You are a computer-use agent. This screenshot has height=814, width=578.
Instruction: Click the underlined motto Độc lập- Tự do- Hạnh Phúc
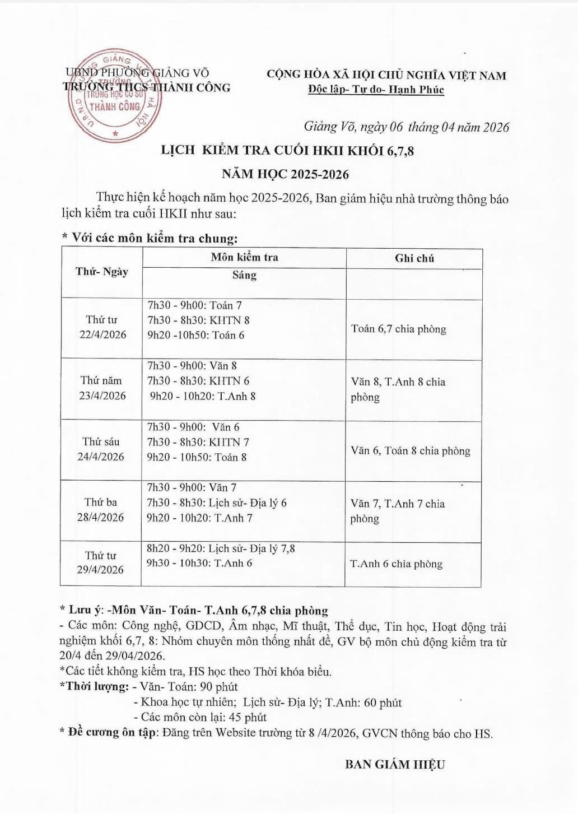(376, 90)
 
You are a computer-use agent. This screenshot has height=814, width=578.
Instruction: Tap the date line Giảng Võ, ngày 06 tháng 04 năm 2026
(406, 127)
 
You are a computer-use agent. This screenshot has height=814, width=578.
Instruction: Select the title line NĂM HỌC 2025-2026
(285, 174)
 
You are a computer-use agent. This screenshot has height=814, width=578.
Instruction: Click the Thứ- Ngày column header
(102, 272)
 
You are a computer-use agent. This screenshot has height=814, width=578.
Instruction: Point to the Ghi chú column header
(414, 258)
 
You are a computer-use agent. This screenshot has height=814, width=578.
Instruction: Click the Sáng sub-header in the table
(244, 275)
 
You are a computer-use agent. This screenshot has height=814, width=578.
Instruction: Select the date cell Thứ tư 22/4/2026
(102, 327)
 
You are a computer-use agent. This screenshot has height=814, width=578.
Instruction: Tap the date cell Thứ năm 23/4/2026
(102, 388)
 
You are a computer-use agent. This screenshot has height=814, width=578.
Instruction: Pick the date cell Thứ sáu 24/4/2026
(101, 449)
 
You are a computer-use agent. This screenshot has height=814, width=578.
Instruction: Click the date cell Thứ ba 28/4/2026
(101, 509)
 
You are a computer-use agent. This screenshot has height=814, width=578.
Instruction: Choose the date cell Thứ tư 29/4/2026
(100, 562)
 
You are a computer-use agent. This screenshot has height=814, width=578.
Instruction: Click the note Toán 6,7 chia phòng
(398, 329)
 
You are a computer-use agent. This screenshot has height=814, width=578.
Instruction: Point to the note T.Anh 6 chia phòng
(396, 564)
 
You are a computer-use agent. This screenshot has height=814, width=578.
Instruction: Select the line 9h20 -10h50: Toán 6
(195, 335)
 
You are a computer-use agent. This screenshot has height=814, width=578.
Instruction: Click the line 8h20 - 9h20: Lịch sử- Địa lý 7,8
(221, 548)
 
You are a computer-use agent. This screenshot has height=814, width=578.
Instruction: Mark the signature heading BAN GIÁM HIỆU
(394, 764)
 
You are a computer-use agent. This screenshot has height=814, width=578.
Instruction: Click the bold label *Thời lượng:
(94, 686)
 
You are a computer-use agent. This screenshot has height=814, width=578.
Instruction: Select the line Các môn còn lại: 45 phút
(200, 717)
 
